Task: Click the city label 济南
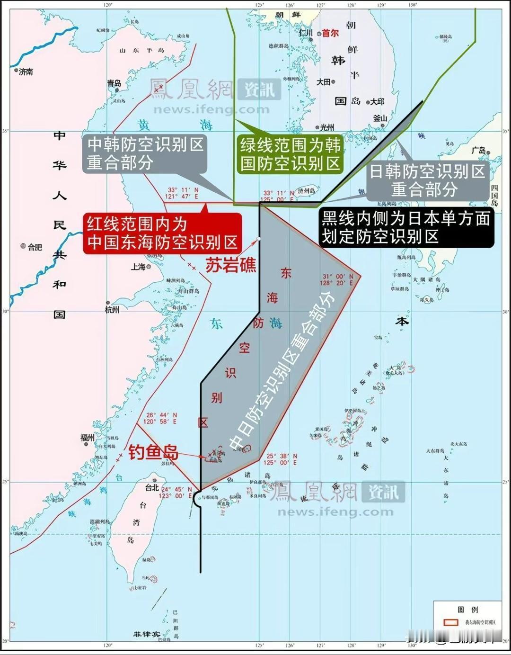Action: tap(26, 72)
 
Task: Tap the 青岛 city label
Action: tap(114, 83)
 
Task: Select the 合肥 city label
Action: tap(35, 247)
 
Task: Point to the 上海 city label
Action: tap(138, 267)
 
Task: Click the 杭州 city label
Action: tap(112, 310)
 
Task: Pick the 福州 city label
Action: tap(88, 438)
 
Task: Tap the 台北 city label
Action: tap(152, 487)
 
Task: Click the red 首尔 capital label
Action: tap(331, 33)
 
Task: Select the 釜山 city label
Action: tap(380, 118)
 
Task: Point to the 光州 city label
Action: tap(327, 127)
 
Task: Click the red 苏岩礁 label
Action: tap(230, 265)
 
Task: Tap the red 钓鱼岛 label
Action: tap(153, 452)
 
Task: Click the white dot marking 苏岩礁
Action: tap(258, 239)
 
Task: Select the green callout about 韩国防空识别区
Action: tap(290, 154)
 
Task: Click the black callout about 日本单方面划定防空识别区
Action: tap(405, 228)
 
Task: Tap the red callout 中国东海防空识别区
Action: tap(162, 233)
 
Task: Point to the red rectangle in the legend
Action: tap(450, 622)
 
